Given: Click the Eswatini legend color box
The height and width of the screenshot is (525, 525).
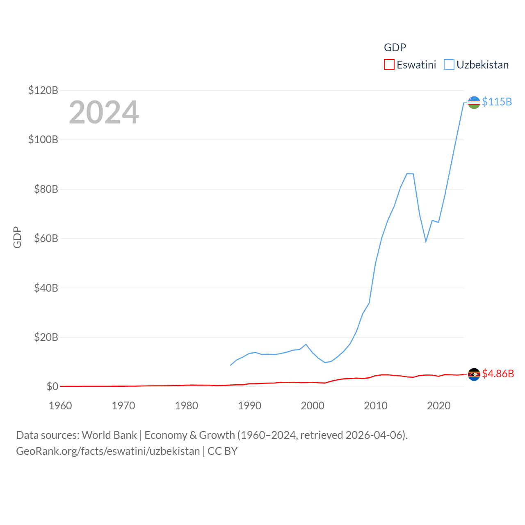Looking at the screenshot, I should tap(389, 65).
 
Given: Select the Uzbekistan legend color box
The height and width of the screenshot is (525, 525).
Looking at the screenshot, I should tap(449, 65).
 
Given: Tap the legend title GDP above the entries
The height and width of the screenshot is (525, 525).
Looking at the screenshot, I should tap(395, 48).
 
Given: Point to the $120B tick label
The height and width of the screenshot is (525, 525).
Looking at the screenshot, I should tap(43, 90).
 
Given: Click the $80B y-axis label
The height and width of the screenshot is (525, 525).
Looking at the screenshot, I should tap(46, 189).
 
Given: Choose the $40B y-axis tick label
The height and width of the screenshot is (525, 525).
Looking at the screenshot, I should tap(46, 288).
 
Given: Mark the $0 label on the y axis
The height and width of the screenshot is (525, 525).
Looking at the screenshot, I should tap(52, 386).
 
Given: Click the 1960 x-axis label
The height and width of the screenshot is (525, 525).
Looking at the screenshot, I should tap(60, 406).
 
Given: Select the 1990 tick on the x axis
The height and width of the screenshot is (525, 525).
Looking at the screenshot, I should tap(249, 406).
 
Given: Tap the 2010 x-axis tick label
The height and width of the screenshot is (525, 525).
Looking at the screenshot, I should tap(376, 406).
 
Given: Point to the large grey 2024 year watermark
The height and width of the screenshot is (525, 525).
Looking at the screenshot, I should tap(104, 112).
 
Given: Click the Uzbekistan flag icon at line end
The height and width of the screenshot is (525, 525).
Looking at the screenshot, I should tap(474, 103).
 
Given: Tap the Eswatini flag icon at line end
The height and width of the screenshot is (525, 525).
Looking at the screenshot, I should tap(474, 374).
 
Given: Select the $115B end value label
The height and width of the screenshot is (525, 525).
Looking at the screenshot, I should tap(497, 102).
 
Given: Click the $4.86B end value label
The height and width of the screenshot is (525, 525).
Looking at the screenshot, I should tap(498, 374).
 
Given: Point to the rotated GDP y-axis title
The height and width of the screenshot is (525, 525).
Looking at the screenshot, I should tap(17, 237).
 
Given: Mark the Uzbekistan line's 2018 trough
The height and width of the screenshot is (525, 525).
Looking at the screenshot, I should tap(426, 241).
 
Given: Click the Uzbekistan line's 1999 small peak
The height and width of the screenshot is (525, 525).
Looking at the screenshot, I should tap(306, 345).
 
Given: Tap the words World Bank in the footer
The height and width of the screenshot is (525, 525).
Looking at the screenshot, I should tap(109, 435).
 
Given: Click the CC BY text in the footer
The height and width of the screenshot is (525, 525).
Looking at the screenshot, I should tap(222, 451).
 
